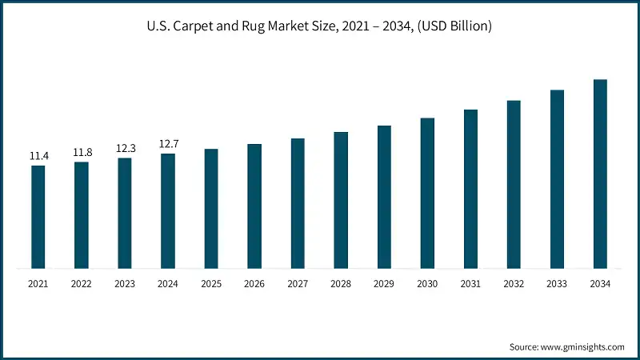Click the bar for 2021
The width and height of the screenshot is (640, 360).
pos(38,217)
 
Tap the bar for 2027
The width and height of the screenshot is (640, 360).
pos(298,203)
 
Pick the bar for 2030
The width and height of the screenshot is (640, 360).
pos(427,193)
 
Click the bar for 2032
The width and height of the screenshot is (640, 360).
pos(514,184)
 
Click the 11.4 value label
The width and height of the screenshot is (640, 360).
pos(38,156)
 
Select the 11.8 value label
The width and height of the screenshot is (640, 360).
pos(82,152)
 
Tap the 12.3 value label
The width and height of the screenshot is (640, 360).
pos(125,148)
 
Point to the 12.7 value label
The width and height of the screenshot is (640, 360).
pos(168,144)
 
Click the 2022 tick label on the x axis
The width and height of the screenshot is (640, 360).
pos(82,283)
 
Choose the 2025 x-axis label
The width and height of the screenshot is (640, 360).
pos(211,283)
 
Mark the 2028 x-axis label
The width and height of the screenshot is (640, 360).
pos(341,283)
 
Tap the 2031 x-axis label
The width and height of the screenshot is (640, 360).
pos(470,283)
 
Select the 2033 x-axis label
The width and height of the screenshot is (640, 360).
pos(557,283)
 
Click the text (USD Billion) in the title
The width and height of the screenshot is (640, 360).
pos(454,26)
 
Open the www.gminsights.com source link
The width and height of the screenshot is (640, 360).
pos(583,346)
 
